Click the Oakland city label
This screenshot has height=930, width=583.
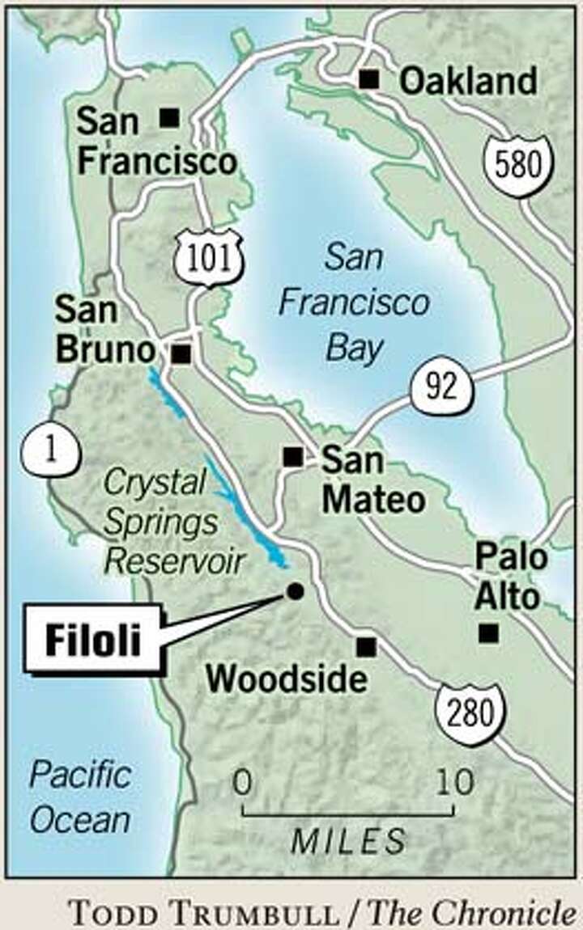468,82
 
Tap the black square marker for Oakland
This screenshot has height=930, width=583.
369,78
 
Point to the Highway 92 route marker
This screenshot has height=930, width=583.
441,387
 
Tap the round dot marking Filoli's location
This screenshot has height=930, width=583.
295,591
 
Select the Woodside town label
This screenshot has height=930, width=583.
286,678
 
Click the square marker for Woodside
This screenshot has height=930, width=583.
366,646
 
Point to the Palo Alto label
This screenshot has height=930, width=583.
510,577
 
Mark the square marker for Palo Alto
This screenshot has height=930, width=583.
487,633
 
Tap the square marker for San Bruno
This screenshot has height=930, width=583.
181,354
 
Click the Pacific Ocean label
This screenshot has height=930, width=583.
80,797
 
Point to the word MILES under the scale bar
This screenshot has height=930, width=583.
348,841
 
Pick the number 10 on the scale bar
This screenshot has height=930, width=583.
455,783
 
